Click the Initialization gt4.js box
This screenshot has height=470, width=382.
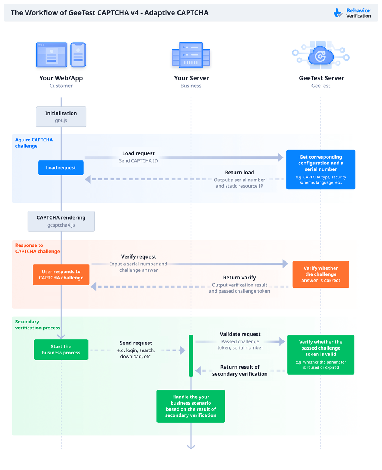tap(61, 117)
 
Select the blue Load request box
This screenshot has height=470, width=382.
tap(61, 168)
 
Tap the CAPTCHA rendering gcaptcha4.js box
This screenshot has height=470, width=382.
tap(61, 221)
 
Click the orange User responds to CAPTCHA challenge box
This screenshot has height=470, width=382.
tap(61, 275)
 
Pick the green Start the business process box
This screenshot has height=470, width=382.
tap(61, 350)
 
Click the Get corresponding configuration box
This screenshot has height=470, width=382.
tap(321, 170)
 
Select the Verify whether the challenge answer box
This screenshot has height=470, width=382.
tap(321, 274)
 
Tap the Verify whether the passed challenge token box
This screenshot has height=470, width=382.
tap(321, 354)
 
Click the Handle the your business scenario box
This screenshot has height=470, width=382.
tap(191, 406)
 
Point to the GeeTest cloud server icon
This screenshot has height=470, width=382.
tap(321, 56)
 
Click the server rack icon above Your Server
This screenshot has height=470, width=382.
tap(191, 55)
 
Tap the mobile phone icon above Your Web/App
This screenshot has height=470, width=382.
tap(78, 55)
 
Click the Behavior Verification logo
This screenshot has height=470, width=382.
tap(352, 13)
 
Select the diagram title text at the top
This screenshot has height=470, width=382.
tap(109, 13)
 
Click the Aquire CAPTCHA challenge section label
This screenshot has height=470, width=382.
tap(34, 143)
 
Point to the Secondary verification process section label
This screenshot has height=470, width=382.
tap(37, 325)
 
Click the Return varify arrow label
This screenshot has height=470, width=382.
tap(239, 278)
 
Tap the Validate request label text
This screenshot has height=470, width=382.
tap(240, 334)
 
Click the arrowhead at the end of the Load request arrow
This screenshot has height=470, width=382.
tap(281, 158)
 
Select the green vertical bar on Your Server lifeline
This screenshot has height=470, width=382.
tap(191, 355)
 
